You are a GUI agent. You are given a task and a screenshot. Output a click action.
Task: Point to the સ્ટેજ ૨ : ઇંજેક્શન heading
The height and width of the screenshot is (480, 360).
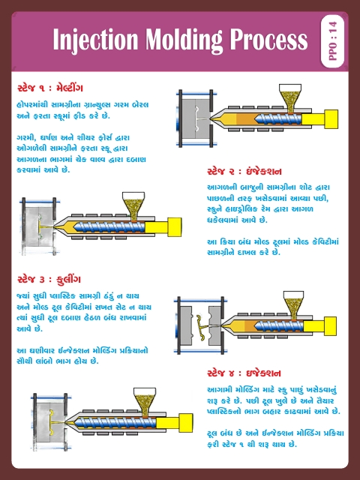pyautogui.click(x=244, y=170)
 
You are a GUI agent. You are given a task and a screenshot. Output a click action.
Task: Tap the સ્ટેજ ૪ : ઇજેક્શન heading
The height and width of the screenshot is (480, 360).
pyautogui.click(x=244, y=373)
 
